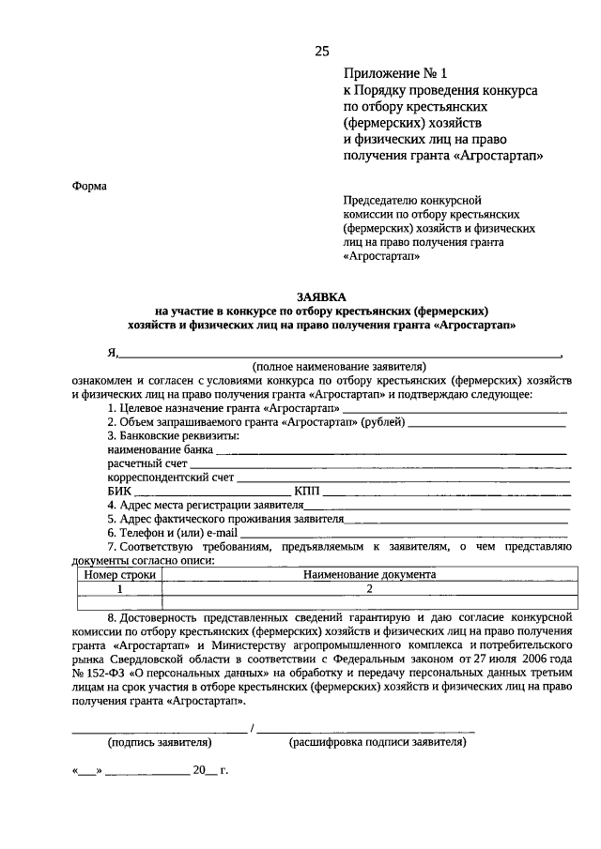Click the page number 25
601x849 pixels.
pos(322,51)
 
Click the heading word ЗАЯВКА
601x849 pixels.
pos(322,296)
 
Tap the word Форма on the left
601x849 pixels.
pos(90,186)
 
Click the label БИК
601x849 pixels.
pos(118,490)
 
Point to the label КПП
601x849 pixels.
pos(307,490)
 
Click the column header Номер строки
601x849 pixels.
pos(119,575)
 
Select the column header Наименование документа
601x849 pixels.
pos(369,575)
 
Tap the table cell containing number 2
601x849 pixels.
pos(370,589)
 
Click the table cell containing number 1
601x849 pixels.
pos(119,589)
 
